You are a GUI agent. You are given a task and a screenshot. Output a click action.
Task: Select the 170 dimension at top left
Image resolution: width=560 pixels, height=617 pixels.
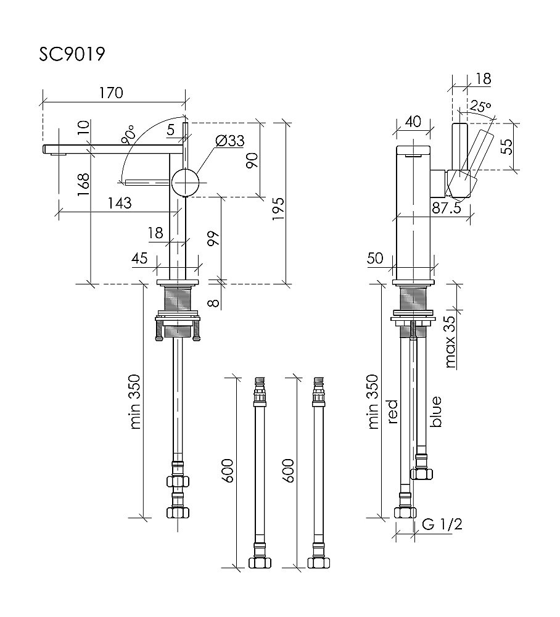coord(112,94)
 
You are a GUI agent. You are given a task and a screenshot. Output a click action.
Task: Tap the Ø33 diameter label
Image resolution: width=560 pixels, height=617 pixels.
coord(230,141)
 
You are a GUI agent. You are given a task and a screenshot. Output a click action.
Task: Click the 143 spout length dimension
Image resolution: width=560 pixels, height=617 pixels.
coord(120,204)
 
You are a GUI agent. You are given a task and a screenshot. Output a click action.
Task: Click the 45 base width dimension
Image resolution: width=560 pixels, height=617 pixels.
coord(139,259)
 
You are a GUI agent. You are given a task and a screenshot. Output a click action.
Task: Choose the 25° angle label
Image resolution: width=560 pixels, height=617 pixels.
coord(480,106)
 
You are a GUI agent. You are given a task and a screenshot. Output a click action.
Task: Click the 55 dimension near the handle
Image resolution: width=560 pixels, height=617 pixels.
coord(506,146)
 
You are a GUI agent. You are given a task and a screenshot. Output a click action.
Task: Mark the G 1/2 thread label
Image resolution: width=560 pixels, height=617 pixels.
coord(443,524)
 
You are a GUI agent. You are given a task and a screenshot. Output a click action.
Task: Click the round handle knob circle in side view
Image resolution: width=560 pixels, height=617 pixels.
coord(186,181)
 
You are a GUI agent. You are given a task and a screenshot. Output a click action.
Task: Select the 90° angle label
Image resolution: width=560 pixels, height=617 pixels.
coord(129,135)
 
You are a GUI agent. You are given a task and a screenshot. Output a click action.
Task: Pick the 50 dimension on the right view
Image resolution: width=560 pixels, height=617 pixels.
coord(375,259)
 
